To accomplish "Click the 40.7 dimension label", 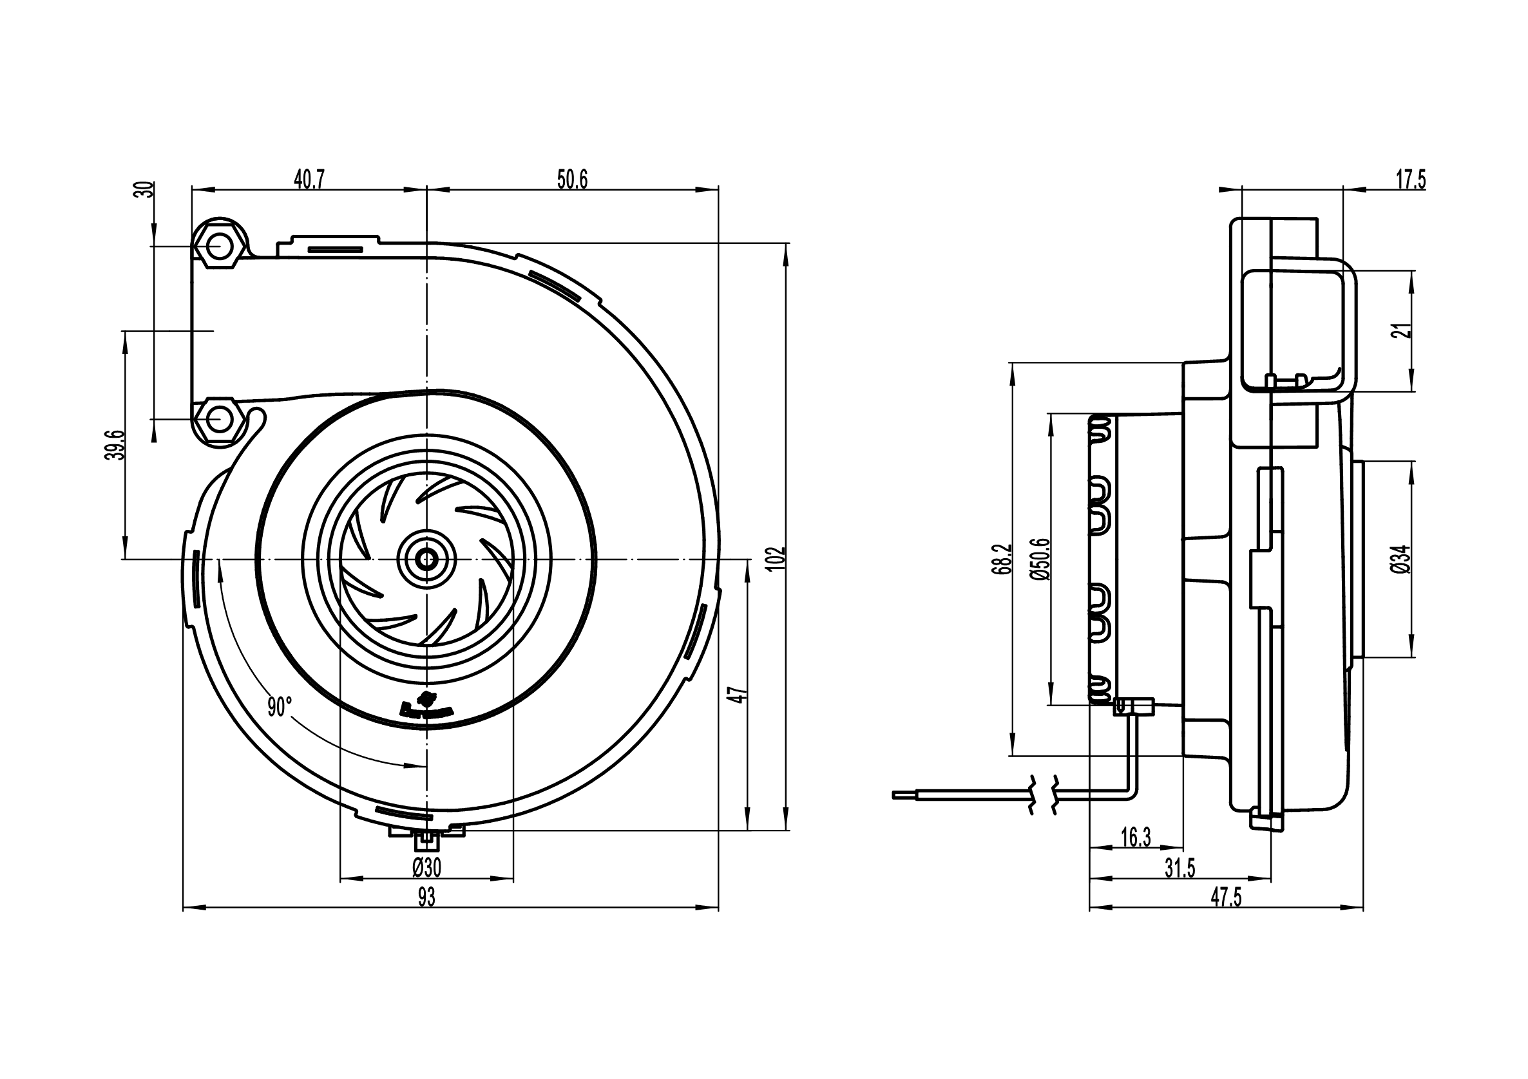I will (x=309, y=180).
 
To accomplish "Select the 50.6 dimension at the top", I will (x=572, y=180).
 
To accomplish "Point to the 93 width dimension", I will (x=426, y=897).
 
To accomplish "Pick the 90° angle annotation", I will (x=280, y=707).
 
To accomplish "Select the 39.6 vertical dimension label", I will (x=117, y=444).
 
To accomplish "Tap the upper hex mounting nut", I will (x=216, y=247).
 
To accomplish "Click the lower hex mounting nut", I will (x=218, y=420).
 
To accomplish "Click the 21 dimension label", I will (x=1403, y=331).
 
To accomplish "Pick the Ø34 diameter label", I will (x=1402, y=559).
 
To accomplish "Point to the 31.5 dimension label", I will (x=1180, y=868).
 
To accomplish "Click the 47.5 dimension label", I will (x=1226, y=897).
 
